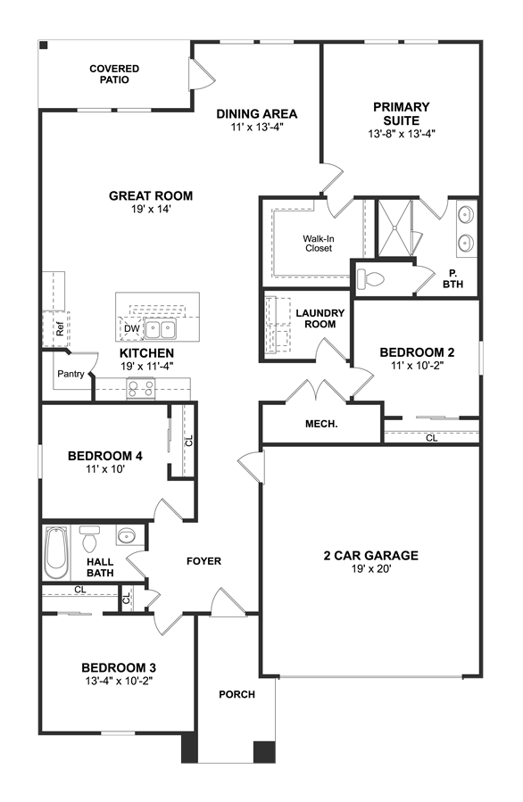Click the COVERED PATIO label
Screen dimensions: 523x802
tap(114, 74)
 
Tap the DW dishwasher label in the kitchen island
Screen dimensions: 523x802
tap(131, 328)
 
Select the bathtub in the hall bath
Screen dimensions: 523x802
tap(55, 552)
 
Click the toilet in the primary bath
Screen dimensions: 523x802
tap(370, 278)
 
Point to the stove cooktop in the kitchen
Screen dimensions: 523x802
tap(140, 388)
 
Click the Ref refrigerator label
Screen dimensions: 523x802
tap(60, 328)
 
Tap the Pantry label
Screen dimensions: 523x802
tap(71, 374)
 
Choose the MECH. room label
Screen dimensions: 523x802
tap(321, 424)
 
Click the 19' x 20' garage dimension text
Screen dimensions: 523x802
tap(371, 569)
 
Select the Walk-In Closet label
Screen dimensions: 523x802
tap(319, 244)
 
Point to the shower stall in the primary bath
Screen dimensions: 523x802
tap(394, 227)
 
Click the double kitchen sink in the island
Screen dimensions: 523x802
tap(160, 329)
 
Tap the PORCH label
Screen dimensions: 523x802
tap(237, 694)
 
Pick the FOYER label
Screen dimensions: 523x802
tap(203, 561)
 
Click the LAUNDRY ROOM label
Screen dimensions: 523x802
tap(320, 318)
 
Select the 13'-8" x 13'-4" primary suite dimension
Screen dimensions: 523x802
tap(402, 134)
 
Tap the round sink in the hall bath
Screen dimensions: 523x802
tap(126, 536)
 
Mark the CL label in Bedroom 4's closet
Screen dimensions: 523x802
tap(188, 441)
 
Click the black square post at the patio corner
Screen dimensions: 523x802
tap(44, 45)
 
